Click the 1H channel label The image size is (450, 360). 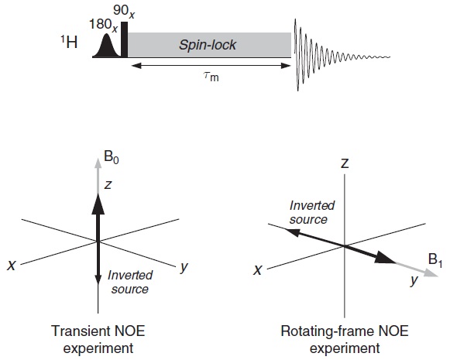point(69,42)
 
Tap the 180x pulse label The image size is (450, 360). point(103,25)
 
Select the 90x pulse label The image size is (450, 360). point(124,11)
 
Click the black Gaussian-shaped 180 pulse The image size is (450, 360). point(107,46)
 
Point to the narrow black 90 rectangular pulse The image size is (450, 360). point(124,39)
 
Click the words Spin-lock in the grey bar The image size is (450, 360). point(208,45)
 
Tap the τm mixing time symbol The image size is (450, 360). point(211,77)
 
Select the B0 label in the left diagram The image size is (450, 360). point(112,157)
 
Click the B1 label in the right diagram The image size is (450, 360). point(435,260)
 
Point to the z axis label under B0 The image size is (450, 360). point(108,185)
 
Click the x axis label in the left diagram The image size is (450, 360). point(11,266)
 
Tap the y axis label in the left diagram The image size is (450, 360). point(184,267)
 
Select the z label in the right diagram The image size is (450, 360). point(345,163)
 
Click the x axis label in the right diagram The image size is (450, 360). point(257,270)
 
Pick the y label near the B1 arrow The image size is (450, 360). point(414,280)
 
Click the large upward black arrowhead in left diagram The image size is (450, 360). point(98,204)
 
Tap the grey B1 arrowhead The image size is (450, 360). point(431,273)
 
